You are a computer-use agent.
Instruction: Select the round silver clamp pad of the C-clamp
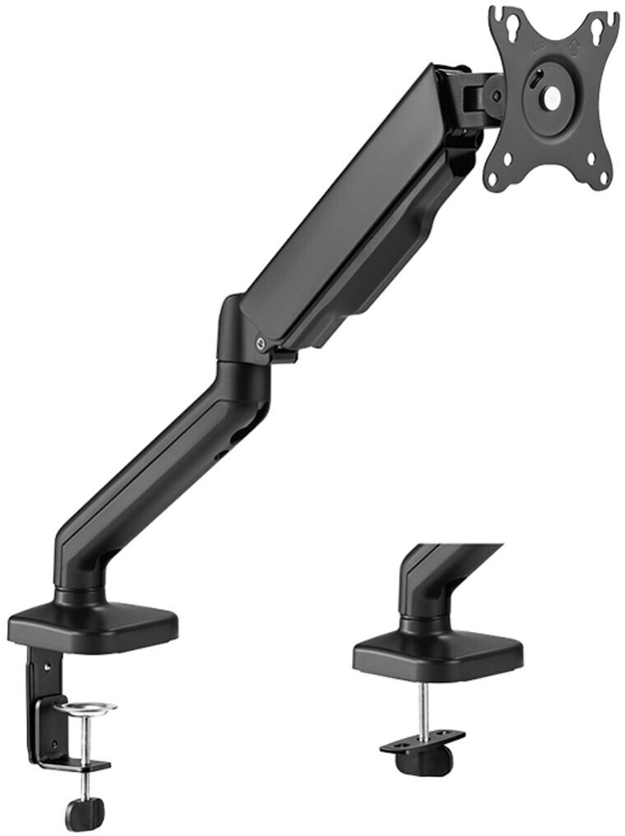(85, 708)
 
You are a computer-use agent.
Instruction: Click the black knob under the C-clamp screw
(85, 814)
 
